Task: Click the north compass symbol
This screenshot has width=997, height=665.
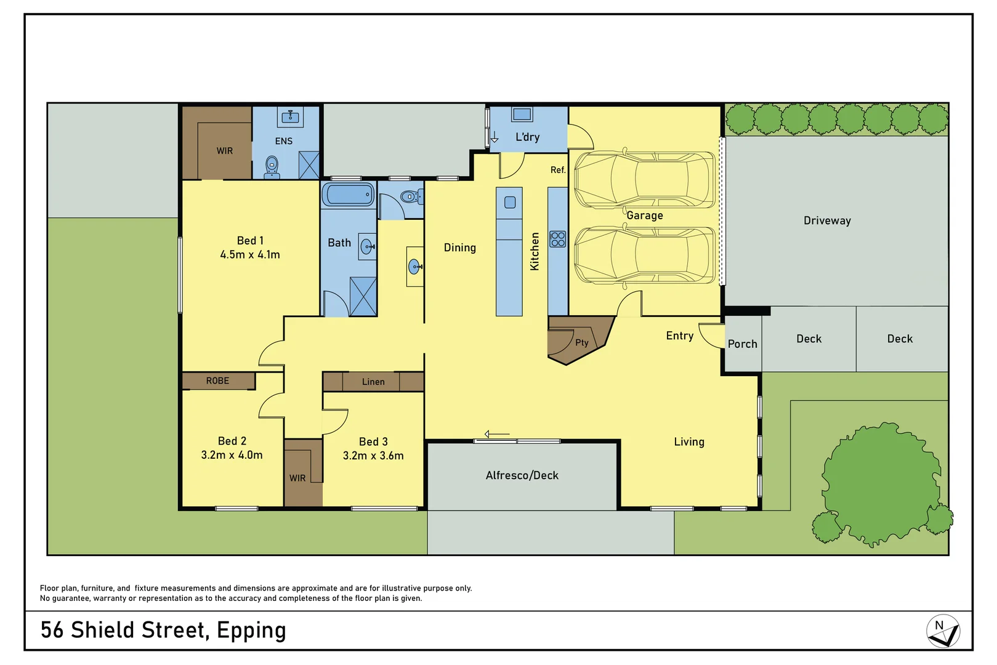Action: tap(942, 631)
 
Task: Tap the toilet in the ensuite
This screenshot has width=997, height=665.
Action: tap(272, 166)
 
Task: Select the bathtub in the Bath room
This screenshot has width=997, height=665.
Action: tap(348, 195)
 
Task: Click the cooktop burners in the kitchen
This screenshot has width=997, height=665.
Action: tap(558, 239)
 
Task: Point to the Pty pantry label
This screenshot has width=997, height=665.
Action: tap(581, 342)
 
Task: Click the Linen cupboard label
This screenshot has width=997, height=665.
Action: tap(373, 382)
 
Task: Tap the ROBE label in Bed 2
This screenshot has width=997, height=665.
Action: tap(217, 381)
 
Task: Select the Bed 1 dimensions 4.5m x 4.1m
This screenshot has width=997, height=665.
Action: tap(250, 254)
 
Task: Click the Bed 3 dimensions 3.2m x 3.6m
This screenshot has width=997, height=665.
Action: tap(373, 456)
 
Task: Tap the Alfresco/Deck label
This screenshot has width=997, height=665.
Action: tap(522, 475)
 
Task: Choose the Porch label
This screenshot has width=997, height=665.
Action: tap(742, 344)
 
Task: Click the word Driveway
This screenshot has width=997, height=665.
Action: tap(827, 220)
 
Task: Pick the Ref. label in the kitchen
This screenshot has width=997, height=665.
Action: tap(557, 170)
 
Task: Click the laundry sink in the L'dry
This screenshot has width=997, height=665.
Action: tap(522, 115)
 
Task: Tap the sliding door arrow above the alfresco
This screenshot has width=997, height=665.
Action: tap(496, 434)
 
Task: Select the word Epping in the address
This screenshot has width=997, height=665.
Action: tap(251, 631)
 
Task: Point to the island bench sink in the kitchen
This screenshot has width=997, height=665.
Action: tap(510, 202)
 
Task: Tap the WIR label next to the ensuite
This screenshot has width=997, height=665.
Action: tap(224, 151)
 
